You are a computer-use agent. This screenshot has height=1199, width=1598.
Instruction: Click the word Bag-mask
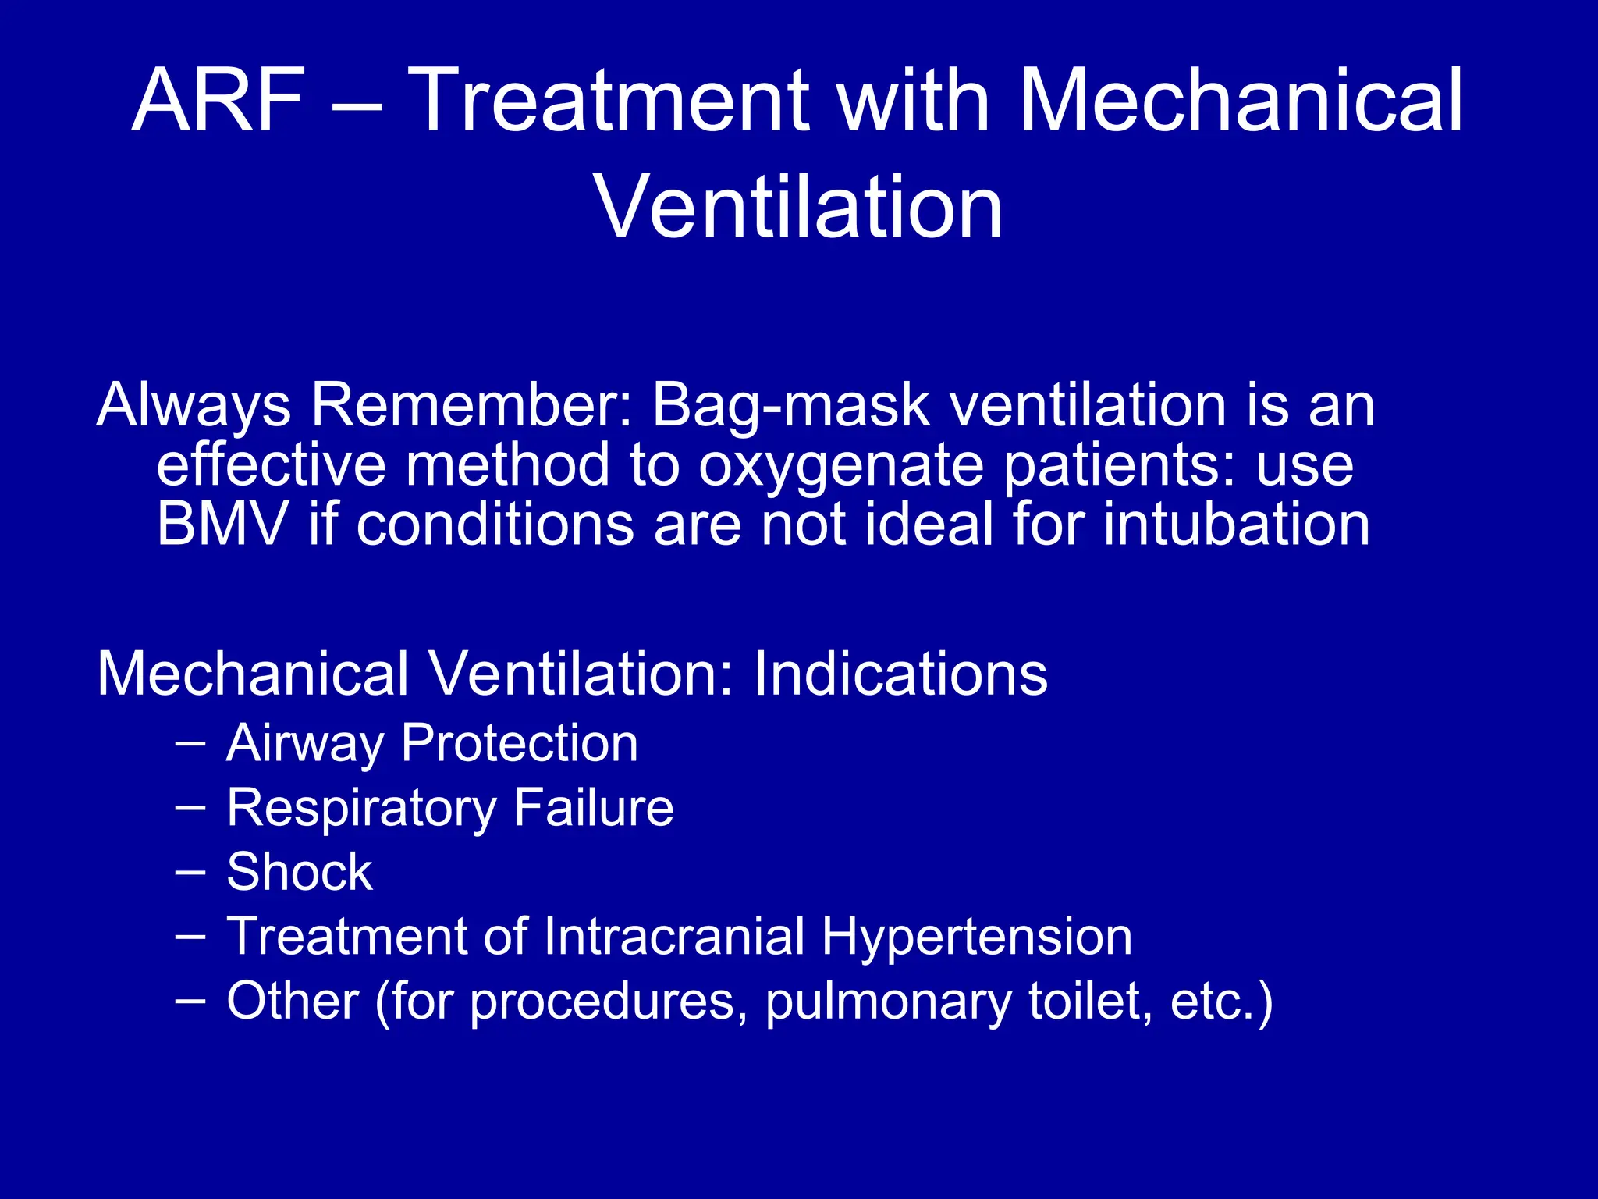point(790,407)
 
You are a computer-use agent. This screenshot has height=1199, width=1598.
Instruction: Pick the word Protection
point(519,743)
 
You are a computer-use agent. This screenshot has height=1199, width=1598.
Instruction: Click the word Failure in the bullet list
point(593,808)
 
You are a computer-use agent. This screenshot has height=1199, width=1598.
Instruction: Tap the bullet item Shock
point(300,872)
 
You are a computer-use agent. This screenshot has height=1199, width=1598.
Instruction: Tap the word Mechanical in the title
point(1241,101)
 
